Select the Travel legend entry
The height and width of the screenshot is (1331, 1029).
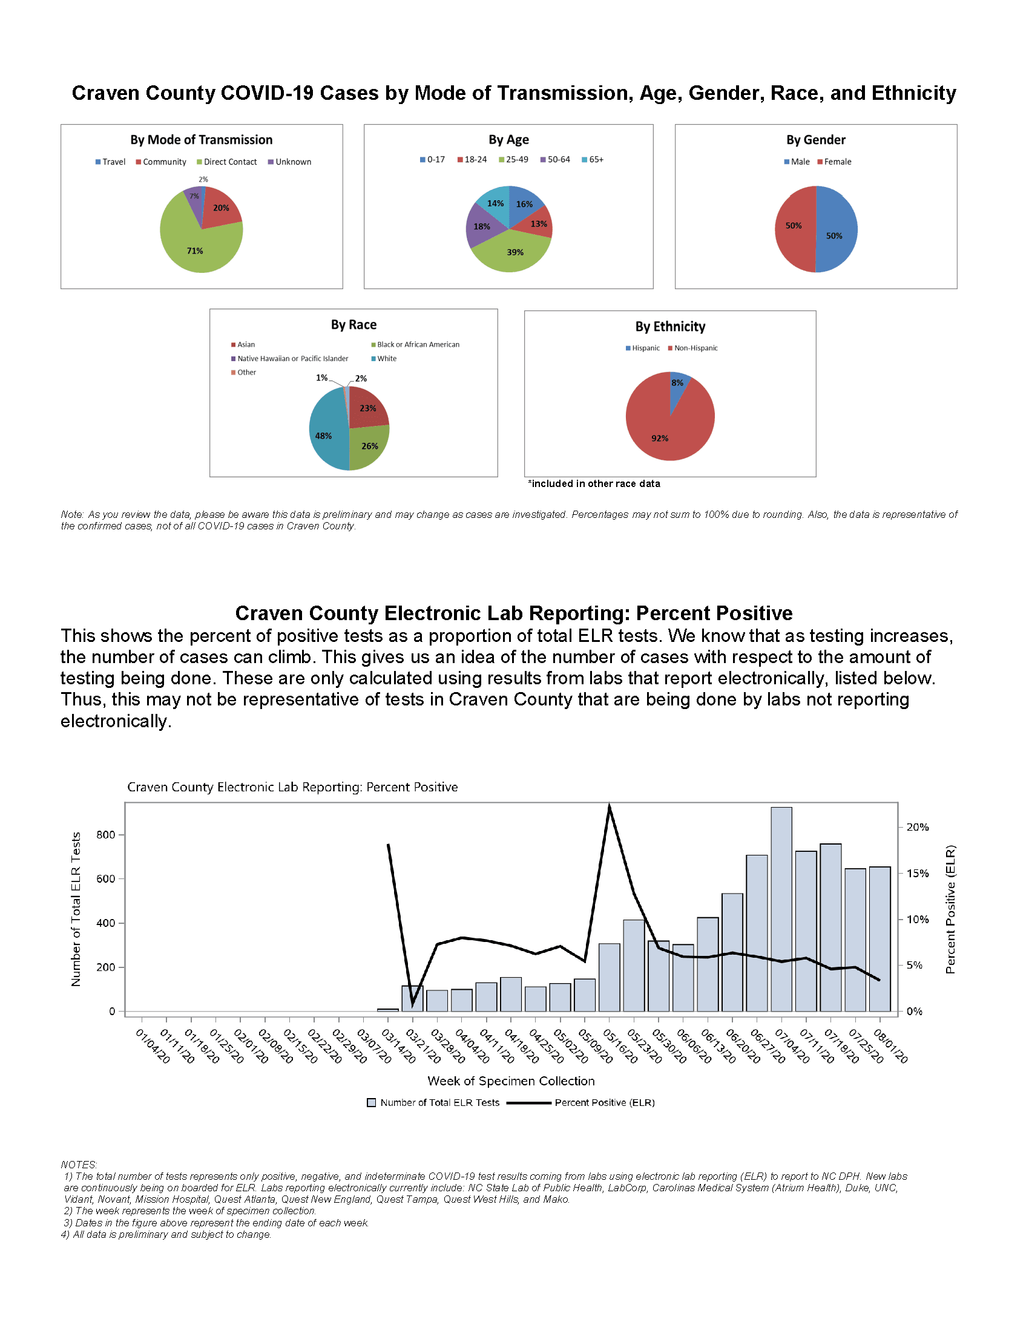[x=110, y=162]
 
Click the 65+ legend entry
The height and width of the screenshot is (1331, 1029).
[x=593, y=160]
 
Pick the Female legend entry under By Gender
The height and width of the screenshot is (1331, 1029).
[x=834, y=162]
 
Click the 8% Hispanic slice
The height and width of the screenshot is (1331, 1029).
[x=677, y=384]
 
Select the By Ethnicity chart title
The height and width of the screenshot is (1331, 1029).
[x=670, y=327]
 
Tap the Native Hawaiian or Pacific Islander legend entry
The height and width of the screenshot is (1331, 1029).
[x=289, y=359]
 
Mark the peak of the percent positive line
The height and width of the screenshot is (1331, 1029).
[x=609, y=805]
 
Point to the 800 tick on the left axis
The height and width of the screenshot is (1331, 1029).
[x=106, y=835]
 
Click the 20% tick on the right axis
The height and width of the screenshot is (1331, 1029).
[x=917, y=827]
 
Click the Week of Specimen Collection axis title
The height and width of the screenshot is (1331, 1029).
[x=511, y=1081]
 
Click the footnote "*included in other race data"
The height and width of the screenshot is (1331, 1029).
[x=594, y=484]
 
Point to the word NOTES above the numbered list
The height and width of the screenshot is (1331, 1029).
[x=79, y=1165]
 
